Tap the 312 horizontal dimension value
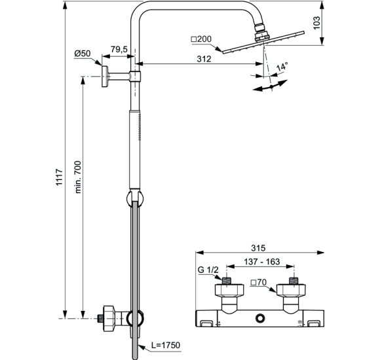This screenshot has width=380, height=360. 203,58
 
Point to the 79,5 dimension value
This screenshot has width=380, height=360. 119,48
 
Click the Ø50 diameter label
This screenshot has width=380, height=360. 83,53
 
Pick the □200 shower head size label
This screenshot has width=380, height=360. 201,40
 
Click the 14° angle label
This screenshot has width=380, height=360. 282,67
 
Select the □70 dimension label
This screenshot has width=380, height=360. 259,283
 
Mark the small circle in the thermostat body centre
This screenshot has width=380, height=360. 261,319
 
